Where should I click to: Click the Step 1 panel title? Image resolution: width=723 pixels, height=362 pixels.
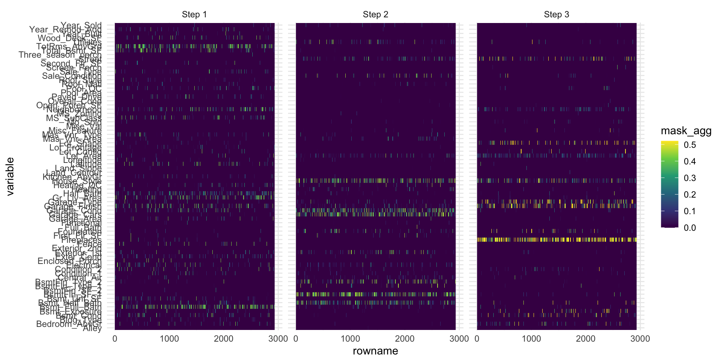[194, 15]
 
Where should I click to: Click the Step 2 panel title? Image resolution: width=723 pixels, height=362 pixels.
[375, 15]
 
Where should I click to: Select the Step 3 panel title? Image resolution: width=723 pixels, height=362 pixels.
[557, 15]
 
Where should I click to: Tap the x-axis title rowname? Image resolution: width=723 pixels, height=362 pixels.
[375, 351]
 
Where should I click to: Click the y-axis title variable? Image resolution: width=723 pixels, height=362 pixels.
[10, 176]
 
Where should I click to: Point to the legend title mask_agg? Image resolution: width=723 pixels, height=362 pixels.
[686, 131]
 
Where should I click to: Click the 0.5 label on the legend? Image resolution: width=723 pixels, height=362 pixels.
[690, 145]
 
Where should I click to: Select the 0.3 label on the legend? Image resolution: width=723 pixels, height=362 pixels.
[690, 178]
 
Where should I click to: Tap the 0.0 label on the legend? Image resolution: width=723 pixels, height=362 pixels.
[690, 228]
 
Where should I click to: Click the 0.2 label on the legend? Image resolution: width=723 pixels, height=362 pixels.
[690, 195]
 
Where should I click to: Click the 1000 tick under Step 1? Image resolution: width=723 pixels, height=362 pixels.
[169, 339]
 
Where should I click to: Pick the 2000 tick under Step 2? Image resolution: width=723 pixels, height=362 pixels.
[405, 339]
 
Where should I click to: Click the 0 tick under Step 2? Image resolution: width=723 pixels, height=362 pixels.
[296, 339]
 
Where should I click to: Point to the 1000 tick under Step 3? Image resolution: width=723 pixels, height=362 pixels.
[531, 339]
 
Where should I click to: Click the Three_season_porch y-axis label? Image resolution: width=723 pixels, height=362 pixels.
[60, 55]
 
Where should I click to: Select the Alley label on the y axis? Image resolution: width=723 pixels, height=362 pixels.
[92, 328]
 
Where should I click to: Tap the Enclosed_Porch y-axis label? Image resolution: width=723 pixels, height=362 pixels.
[70, 261]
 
